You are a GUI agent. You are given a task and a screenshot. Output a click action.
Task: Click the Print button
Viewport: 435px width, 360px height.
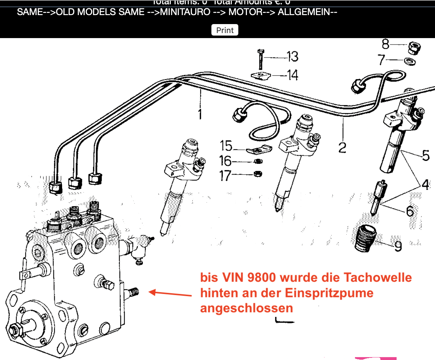[x=225, y=30]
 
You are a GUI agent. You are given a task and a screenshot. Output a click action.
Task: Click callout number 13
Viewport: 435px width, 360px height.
[x=293, y=56]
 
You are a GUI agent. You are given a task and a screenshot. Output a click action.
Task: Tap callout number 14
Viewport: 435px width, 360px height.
[x=293, y=75]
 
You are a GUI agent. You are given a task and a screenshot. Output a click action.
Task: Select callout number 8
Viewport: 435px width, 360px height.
[x=385, y=44]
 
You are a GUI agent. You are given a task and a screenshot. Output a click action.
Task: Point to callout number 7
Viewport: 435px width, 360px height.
[x=382, y=60]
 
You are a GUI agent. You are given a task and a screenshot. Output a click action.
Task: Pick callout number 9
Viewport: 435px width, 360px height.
[x=398, y=246]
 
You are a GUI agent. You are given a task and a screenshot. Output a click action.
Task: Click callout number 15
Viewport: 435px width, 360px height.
[x=226, y=146]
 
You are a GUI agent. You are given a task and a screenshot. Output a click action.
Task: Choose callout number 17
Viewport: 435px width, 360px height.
[x=225, y=175]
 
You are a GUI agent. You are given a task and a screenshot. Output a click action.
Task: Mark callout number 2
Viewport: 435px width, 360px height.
[x=342, y=147]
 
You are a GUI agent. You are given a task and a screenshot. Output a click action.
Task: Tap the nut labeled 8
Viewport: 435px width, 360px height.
[x=415, y=47]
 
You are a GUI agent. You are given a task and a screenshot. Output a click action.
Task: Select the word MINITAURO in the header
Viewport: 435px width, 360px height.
[x=185, y=12]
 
